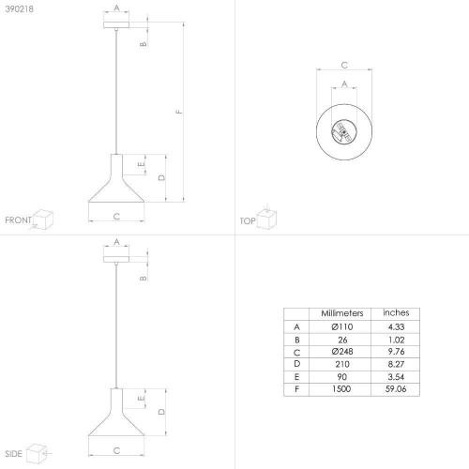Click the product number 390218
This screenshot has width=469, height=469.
click(x=20, y=9)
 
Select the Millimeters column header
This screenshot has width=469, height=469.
click(x=342, y=313)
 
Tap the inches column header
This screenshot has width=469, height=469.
click(x=396, y=312)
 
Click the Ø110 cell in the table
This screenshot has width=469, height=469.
click(x=342, y=327)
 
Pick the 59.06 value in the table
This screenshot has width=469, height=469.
click(x=396, y=389)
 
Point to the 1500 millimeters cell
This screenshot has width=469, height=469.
click(x=341, y=389)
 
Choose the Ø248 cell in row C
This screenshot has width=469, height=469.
click(x=342, y=352)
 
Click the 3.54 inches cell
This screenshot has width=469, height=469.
click(x=396, y=377)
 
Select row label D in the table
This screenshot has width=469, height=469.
click(x=296, y=364)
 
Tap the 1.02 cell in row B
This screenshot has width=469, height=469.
click(x=396, y=340)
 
